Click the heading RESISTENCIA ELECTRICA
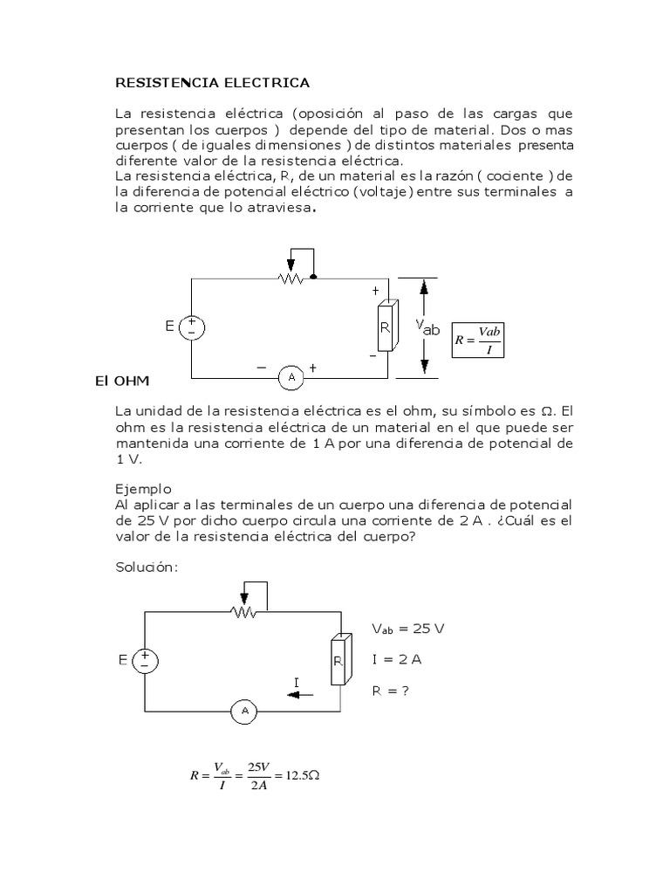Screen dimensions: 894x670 click(x=213, y=83)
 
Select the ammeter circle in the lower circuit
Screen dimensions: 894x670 click(x=243, y=712)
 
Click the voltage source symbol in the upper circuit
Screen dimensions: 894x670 click(x=191, y=327)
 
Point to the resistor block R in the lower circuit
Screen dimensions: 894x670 click(x=339, y=661)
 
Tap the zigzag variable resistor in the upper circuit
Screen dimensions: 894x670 click(x=291, y=279)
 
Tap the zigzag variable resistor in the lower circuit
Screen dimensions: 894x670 click(x=244, y=613)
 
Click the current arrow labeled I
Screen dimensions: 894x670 click(x=299, y=692)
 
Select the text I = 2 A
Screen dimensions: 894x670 click(x=396, y=660)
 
